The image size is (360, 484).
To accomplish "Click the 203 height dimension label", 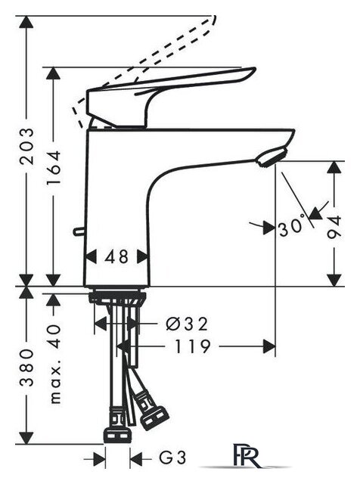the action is [x=26, y=146].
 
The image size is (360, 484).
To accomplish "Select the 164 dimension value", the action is [x=53, y=168].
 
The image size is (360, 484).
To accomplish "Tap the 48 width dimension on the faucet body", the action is [x=116, y=257].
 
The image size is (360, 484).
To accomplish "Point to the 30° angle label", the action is [x=292, y=227].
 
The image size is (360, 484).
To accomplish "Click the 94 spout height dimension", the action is [x=334, y=227].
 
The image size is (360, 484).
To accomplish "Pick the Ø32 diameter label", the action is [x=187, y=324].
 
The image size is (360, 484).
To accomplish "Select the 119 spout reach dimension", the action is [x=193, y=346].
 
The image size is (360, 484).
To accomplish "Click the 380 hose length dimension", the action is [x=26, y=368].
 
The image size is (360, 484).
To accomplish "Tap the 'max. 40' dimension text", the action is [x=55, y=365].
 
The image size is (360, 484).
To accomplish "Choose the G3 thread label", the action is [x=172, y=458].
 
